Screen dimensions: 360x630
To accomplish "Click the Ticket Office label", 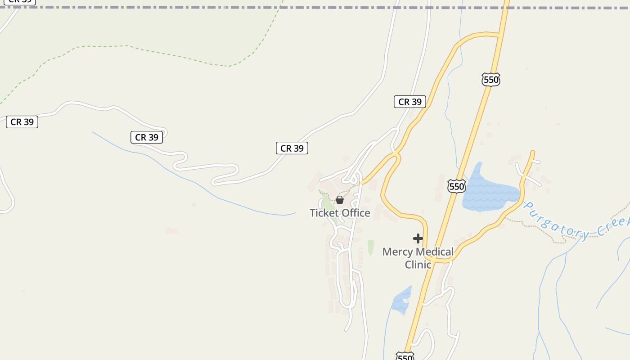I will [x=340, y=213].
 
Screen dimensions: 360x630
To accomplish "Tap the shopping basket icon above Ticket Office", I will [x=340, y=200].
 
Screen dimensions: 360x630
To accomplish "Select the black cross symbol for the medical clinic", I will [x=418, y=238].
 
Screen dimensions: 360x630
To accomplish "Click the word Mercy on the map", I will [x=398, y=252].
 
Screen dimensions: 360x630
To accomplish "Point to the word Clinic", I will [x=418, y=265].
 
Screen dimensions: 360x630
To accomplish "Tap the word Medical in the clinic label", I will [x=435, y=252].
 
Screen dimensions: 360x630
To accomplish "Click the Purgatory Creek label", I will [x=576, y=222].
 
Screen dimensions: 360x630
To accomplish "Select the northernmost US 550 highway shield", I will [x=490, y=80].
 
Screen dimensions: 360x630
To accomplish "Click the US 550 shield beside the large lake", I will [x=456, y=186].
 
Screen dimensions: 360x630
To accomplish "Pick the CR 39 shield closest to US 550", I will [x=409, y=102].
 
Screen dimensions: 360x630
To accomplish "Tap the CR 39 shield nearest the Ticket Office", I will [x=292, y=148].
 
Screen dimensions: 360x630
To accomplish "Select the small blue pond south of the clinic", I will [x=401, y=301].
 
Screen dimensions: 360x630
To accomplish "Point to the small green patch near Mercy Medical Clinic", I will [x=371, y=247].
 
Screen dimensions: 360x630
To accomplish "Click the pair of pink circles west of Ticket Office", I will [x=171, y=231].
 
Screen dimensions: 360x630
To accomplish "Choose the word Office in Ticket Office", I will [x=356, y=213].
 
